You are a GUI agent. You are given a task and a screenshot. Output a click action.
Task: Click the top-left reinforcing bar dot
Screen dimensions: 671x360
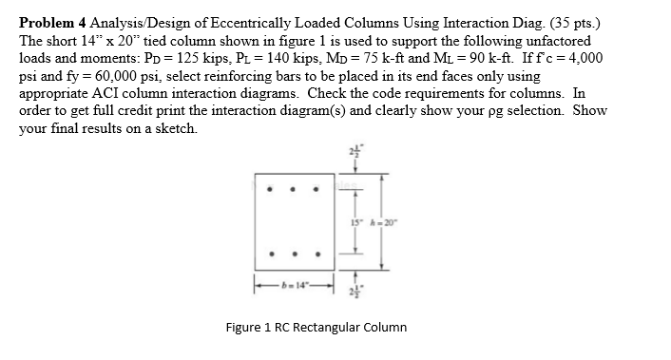click(272, 189)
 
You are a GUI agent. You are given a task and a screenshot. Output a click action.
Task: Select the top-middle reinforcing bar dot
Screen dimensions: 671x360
click(295, 189)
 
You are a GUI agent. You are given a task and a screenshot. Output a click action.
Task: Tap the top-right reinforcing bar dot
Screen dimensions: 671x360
click(317, 189)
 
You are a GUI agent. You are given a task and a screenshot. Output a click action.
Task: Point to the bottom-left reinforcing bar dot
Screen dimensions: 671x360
click(272, 255)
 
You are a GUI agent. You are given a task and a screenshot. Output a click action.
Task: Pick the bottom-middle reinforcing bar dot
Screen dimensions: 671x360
click(295, 255)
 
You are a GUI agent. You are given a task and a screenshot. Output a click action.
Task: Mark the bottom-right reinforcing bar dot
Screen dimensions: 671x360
click(317, 255)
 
